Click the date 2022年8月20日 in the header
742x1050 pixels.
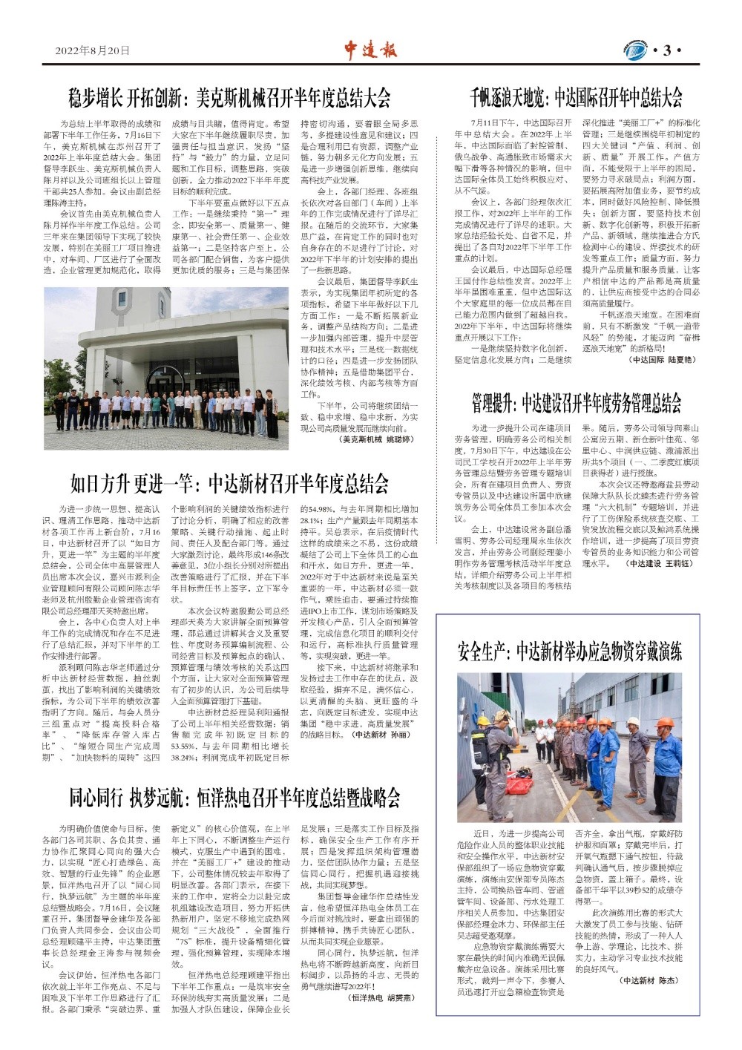pos(92,50)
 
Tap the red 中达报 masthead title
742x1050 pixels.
pos(370,50)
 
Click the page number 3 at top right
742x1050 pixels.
pos(666,50)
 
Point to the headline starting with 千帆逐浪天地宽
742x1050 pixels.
pos(576,97)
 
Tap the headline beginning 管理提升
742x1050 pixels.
pos(576,403)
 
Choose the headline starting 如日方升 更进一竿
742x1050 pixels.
pos(229,484)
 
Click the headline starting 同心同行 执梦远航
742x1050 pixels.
pos(234,798)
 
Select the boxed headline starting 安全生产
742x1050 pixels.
pos(569,652)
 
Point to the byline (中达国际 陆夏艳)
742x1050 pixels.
pos(663,359)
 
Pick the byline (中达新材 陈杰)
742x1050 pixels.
pos(648,980)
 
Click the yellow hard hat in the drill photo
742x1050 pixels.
pos(483,721)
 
